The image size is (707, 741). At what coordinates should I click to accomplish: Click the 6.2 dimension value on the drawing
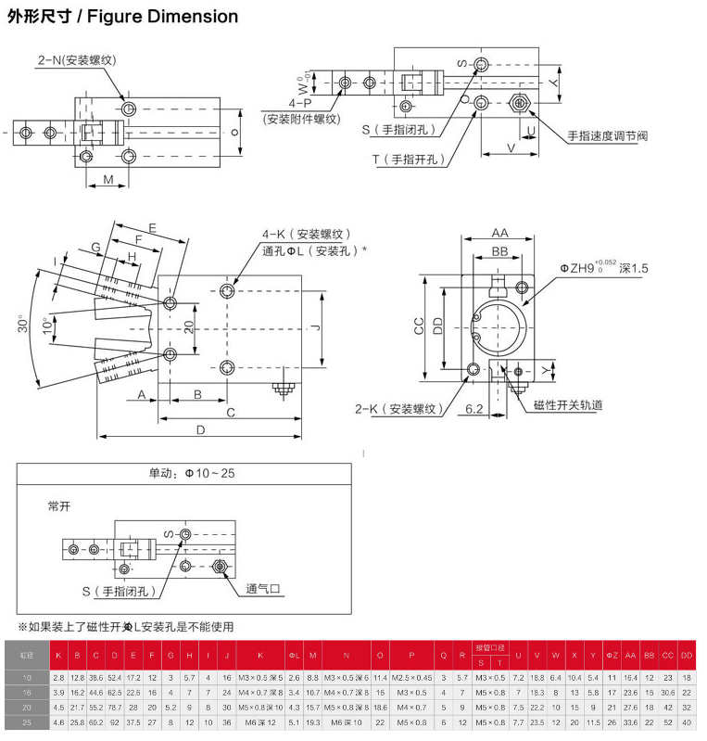click(x=474, y=408)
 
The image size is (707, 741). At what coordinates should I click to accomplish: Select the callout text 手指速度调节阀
click(x=608, y=135)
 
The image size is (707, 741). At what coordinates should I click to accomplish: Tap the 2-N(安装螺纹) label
click(x=76, y=60)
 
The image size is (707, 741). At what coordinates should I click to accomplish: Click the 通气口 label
click(x=263, y=589)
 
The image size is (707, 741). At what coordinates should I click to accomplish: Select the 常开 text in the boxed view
click(x=60, y=506)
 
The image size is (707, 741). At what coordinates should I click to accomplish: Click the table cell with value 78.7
click(x=115, y=707)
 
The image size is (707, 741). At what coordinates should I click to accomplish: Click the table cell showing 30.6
click(x=668, y=693)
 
